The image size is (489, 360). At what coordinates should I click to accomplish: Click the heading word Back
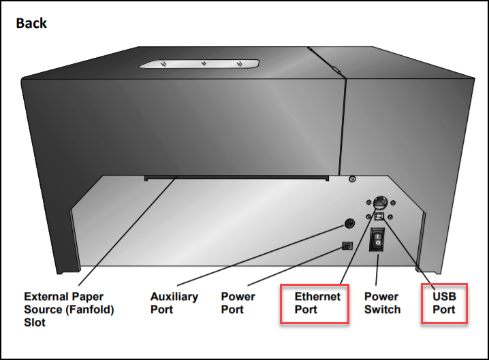pyautogui.click(x=31, y=24)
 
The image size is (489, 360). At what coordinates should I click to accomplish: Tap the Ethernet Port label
pyautogui.click(x=317, y=303)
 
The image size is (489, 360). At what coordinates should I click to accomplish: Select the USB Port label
pyautogui.click(x=443, y=303)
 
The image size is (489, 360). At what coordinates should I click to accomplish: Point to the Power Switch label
pyautogui.click(x=382, y=303)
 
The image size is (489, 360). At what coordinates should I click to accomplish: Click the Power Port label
pyautogui.click(x=238, y=303)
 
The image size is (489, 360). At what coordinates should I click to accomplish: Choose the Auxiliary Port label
pyautogui.click(x=174, y=303)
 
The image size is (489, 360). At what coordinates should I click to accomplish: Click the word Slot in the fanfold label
pyautogui.click(x=35, y=321)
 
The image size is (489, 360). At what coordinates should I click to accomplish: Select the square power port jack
pyautogui.click(x=347, y=246)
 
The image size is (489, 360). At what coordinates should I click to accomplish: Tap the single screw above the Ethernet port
pyautogui.click(x=352, y=179)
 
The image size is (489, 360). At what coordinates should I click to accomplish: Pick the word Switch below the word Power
pyautogui.click(x=382, y=309)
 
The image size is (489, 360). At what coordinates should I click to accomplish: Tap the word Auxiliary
pyautogui.click(x=174, y=297)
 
